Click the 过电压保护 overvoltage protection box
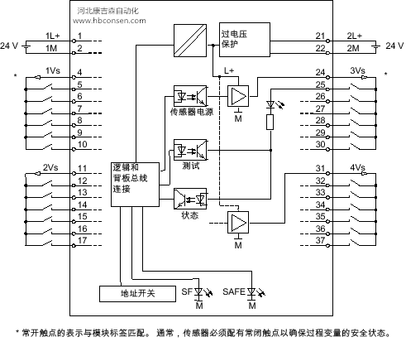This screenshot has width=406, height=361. (245, 40)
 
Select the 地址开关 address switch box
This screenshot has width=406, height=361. (137, 294)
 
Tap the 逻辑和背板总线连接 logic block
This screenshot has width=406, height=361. (135, 185)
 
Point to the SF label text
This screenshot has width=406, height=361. (187, 291)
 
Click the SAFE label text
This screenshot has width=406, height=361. (234, 291)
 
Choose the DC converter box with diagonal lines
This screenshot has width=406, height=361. (190, 41)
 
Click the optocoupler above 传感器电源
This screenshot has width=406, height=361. (190, 96)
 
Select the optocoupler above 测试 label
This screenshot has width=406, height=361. (190, 150)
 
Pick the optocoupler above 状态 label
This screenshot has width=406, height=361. (190, 199)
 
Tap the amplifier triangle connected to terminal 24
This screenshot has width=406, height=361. (238, 96)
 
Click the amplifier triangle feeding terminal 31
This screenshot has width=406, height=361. (238, 223)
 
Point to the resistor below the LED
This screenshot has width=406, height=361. (270, 123)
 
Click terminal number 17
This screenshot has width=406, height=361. (82, 240)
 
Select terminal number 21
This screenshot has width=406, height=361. (320, 36)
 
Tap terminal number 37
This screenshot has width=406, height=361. (320, 240)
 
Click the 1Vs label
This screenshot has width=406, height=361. (53, 70)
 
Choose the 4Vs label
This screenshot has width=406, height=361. (357, 167)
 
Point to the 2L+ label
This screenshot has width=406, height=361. (355, 36)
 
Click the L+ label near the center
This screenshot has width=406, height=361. (229, 70)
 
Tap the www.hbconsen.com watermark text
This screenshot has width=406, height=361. (109, 21)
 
